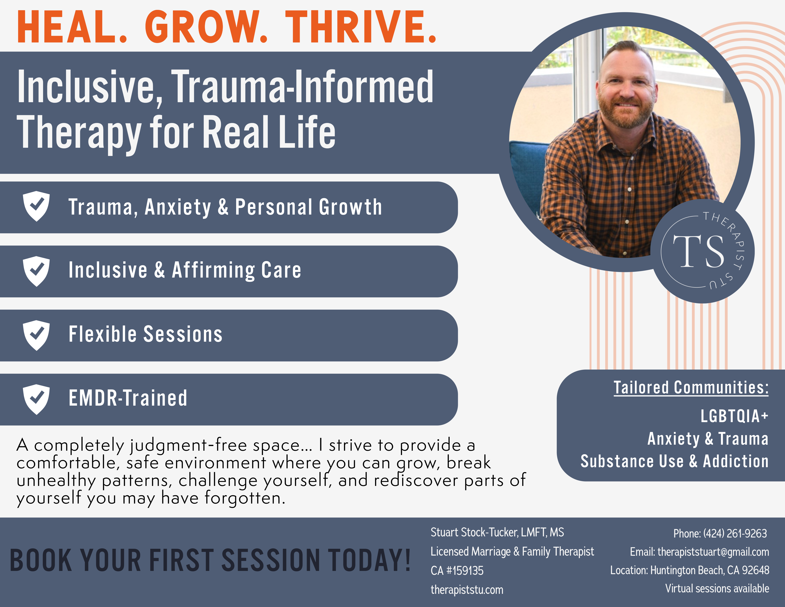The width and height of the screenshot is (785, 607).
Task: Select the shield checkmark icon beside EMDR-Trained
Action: click(36, 399)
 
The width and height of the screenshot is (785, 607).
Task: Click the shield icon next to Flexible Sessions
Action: click(36, 335)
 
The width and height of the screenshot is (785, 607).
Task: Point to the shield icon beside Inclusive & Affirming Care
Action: click(36, 271)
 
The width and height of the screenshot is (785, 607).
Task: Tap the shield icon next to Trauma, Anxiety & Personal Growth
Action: click(36, 206)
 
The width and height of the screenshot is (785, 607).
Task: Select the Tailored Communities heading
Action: click(691, 388)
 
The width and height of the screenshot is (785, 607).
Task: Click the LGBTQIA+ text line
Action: click(734, 416)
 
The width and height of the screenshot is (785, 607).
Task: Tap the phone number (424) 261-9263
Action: click(735, 533)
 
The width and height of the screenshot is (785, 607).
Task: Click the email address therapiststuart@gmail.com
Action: click(713, 552)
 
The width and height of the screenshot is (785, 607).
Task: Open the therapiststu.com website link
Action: click(467, 590)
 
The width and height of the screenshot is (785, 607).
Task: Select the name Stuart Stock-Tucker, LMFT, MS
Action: click(497, 532)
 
